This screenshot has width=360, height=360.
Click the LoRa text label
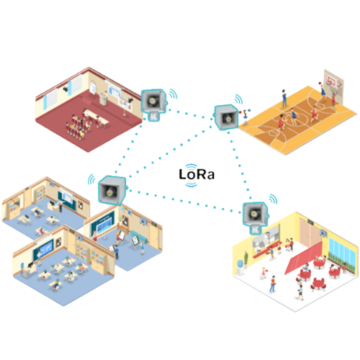(x=197, y=174)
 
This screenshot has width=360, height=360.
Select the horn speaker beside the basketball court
(x=225, y=117)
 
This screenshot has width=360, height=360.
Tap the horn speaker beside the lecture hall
(x=153, y=104)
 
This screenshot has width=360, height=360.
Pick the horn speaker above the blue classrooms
(x=112, y=190)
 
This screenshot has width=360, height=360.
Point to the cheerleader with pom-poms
(x=246, y=117)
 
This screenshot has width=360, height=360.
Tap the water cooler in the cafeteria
(x=240, y=267)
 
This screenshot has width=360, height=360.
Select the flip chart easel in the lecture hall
(x=93, y=87)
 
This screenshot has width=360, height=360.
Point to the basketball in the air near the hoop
(x=320, y=84)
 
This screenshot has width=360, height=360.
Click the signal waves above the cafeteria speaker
(x=273, y=199)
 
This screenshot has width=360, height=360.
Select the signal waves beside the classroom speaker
(x=91, y=179)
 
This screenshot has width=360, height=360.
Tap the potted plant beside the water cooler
(x=246, y=260)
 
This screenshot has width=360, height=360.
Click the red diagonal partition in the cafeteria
(x=303, y=257)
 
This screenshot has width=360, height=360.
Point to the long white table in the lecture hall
(x=96, y=117)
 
